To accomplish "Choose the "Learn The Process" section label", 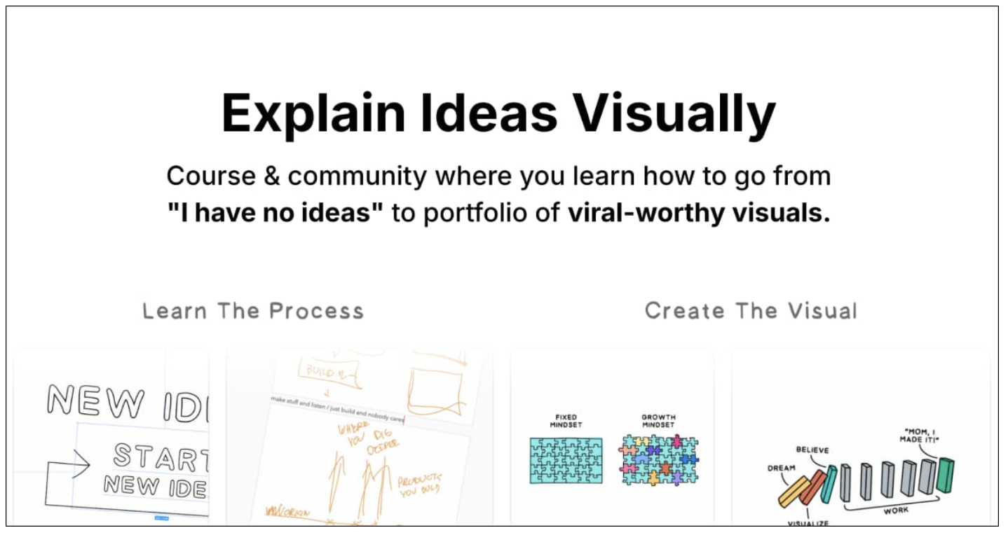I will tap(253, 311).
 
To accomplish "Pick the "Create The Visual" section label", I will tap(751, 311).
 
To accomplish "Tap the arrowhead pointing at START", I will tap(81, 462).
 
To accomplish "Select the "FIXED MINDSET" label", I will tap(565, 421).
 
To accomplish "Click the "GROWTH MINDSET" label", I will tap(658, 421).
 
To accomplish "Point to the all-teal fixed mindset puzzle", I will tap(565, 460).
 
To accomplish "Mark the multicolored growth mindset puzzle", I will tap(658, 460).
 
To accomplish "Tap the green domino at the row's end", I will tap(946, 474).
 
